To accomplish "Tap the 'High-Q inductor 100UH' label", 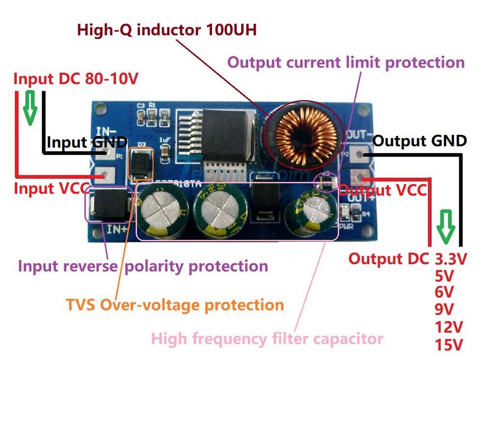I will pos(166,30).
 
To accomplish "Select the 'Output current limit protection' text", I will pos(346,63).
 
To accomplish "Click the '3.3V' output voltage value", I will pos(450,259).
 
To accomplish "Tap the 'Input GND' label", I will pos(87,142).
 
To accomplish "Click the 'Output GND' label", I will pos(420,141).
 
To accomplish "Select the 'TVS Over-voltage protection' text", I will pos(175,305).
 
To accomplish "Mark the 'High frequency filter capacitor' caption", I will pos(267,338).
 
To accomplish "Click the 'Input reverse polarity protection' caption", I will pos(143,266).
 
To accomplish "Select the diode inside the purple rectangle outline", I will pos(109,204).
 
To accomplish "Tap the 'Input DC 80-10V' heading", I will pos(76,79).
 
